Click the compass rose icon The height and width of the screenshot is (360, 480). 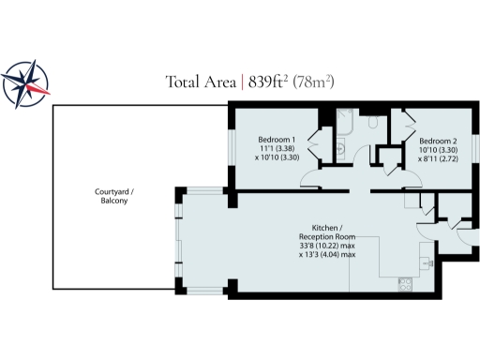tap(26, 82)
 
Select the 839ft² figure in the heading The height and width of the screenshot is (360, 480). tap(268, 82)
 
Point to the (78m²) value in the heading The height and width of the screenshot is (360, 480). tap(314, 82)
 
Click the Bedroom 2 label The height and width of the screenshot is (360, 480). tap(438, 138)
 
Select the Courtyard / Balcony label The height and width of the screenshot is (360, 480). tap(113, 196)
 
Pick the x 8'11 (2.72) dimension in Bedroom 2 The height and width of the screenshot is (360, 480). tap(438, 157)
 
